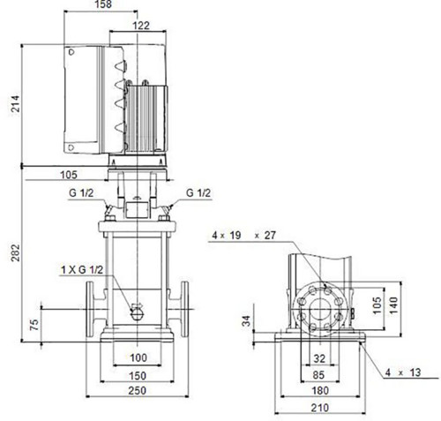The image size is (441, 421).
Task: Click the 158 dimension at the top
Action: point(103,4)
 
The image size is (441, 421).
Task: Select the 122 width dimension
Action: point(141,26)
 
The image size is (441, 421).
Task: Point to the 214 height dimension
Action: point(15,103)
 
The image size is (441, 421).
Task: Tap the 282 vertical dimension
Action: point(15,252)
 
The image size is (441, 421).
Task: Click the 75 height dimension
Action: point(34,325)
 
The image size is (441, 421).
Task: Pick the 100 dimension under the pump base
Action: point(138,357)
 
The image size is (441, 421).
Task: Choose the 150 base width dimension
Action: point(138,375)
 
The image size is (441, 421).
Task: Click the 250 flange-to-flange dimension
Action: point(138,390)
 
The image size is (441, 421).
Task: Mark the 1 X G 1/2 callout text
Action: point(82,269)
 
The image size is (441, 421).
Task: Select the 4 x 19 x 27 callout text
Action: point(244,236)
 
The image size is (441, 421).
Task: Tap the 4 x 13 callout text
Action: point(403,372)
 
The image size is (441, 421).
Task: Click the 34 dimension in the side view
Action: point(247,320)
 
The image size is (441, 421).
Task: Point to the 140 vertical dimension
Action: point(393,305)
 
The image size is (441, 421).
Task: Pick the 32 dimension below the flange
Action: point(319,358)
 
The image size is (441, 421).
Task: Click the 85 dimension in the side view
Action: point(318,375)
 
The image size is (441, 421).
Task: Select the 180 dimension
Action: point(320,391)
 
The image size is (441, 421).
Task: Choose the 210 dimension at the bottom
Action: point(320,408)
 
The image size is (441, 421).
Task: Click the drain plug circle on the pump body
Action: point(137,314)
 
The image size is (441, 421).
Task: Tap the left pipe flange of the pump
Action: point(90,309)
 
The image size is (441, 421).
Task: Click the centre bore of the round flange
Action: point(320,309)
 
